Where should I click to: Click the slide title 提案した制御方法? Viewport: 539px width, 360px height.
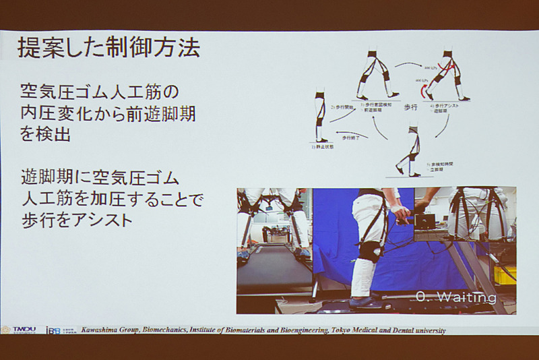[x=108, y=49]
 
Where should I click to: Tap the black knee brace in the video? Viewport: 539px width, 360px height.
[x=371, y=250]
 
